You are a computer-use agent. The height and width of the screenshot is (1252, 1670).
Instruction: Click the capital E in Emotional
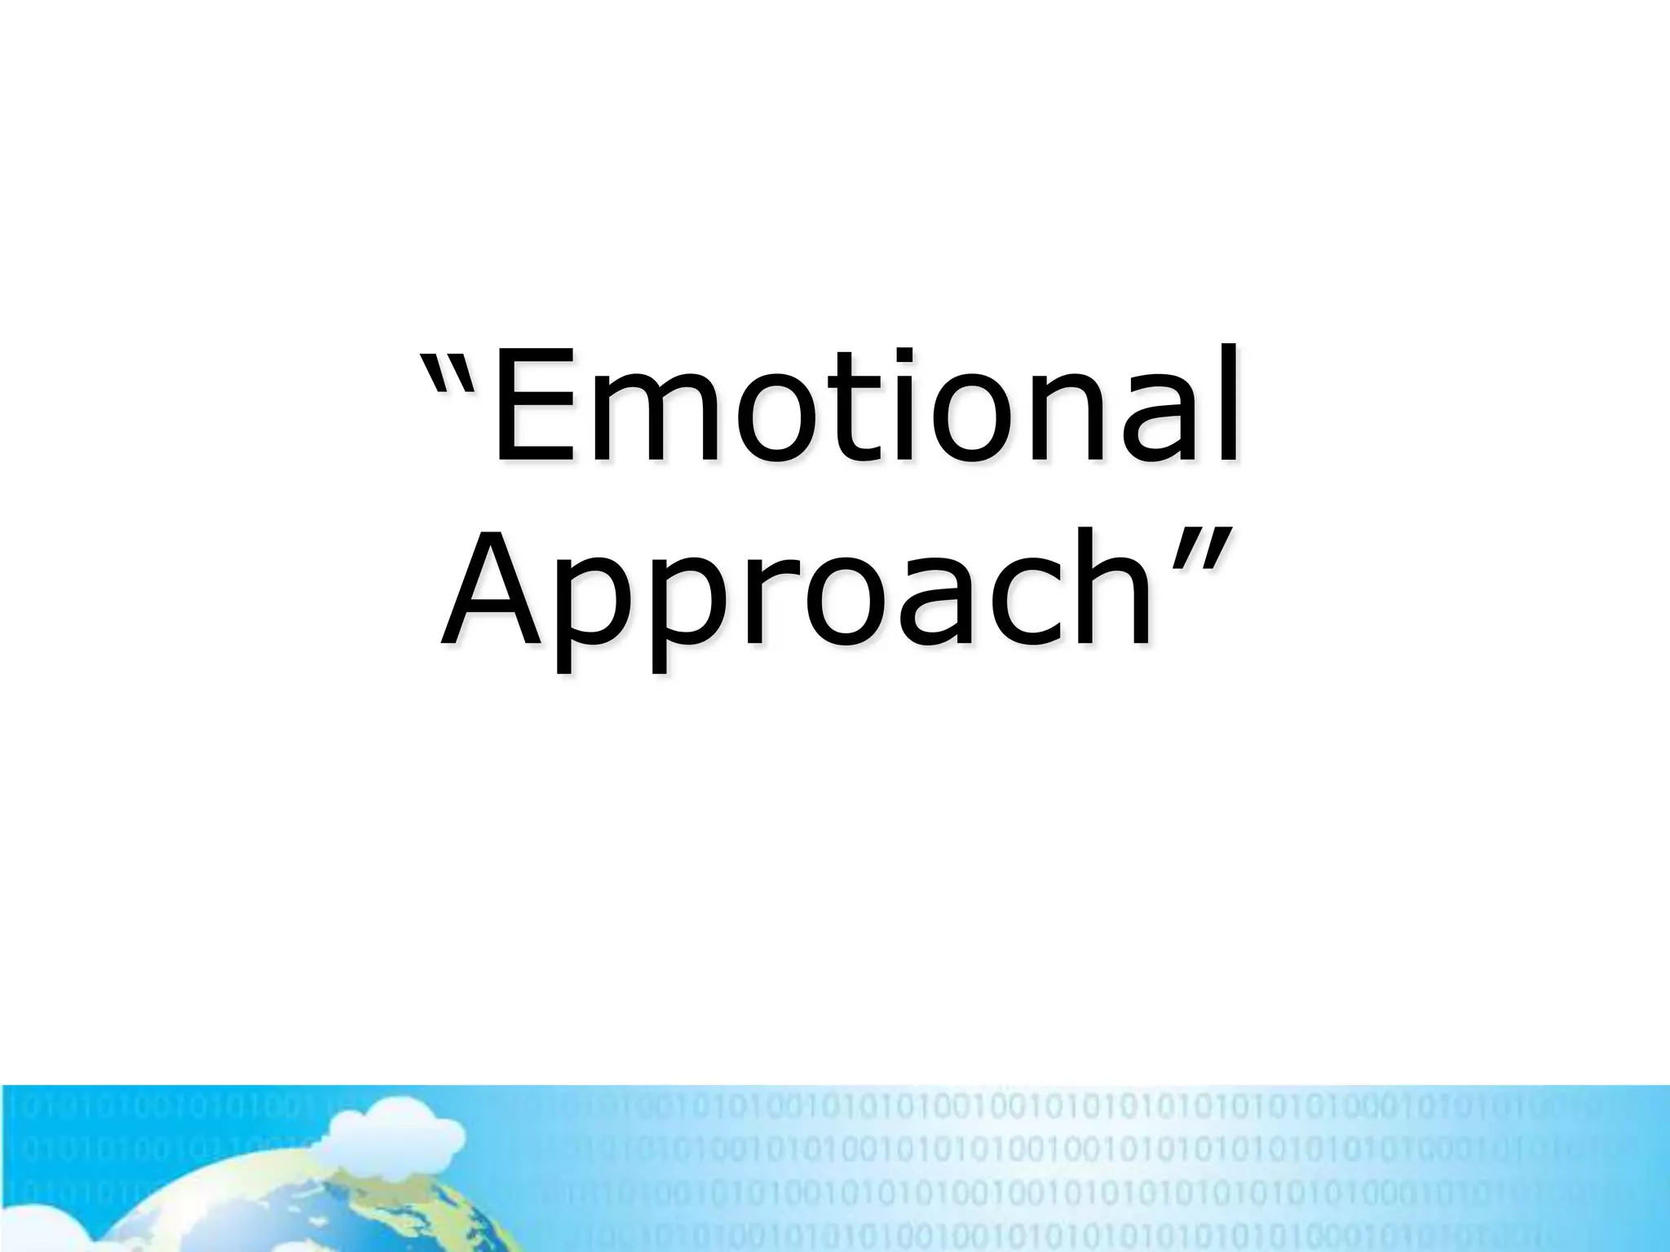pyautogui.click(x=529, y=408)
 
